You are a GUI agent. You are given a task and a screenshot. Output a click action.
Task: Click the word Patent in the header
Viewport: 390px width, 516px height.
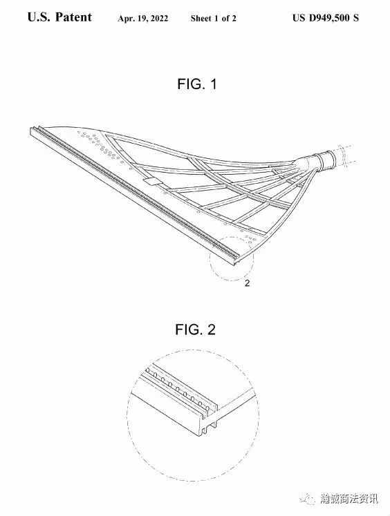[74, 17]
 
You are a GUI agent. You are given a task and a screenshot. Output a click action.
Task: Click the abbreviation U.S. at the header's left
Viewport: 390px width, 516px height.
[39, 17]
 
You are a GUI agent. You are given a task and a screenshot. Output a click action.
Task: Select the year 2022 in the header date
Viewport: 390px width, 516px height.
[160, 19]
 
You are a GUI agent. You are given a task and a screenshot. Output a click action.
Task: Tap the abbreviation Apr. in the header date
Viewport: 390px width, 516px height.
[125, 19]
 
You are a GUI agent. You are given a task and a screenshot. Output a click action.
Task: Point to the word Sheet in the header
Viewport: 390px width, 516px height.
[201, 19]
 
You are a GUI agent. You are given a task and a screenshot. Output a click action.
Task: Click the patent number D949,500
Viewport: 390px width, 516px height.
[329, 18]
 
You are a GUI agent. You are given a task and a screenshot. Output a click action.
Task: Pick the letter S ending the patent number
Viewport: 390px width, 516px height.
[355, 17]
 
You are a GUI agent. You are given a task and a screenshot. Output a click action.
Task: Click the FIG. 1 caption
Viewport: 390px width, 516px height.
[197, 84]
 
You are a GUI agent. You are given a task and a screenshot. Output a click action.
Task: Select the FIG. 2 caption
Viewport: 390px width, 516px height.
[195, 329]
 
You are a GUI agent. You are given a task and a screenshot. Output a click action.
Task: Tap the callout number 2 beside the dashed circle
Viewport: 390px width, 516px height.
[247, 283]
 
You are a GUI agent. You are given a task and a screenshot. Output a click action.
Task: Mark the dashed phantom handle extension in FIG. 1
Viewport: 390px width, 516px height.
[345, 155]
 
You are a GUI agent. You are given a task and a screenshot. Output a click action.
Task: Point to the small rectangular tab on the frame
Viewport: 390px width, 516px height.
[152, 181]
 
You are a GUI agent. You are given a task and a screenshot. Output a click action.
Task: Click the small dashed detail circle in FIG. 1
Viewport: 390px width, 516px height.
[232, 258]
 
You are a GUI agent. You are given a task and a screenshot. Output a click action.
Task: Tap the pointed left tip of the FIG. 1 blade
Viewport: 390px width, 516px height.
[30, 128]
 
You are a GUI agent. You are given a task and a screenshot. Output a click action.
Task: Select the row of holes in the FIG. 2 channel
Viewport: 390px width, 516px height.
[177, 389]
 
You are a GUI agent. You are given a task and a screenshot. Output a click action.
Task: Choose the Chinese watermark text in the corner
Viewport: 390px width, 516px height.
[349, 499]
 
